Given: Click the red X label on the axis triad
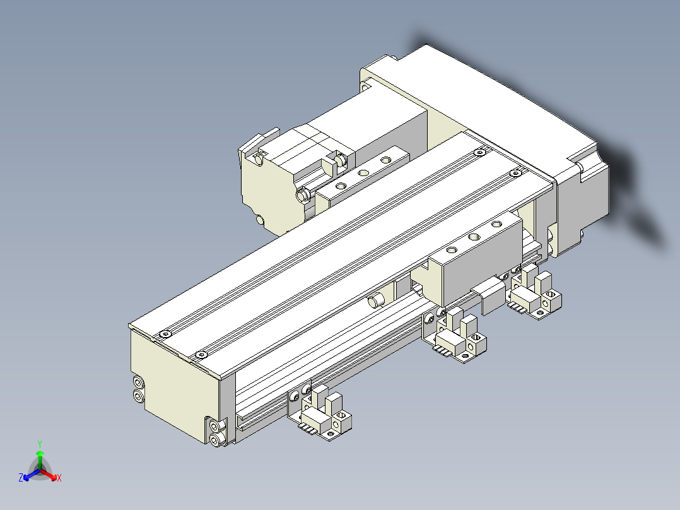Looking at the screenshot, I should (59, 478).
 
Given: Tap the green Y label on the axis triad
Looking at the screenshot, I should (39, 444).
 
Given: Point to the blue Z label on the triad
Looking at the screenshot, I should (21, 478).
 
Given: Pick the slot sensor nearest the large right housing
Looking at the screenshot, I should (536, 294).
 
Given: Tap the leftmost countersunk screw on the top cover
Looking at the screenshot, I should (165, 333).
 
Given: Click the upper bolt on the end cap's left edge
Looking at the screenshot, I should (138, 382).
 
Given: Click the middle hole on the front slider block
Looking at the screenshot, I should (473, 237).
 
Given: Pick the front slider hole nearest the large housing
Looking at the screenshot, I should (495, 225).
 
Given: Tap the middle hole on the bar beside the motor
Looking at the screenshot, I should (363, 172).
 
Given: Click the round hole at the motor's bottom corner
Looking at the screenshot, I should (261, 220).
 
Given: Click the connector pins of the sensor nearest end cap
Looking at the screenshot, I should (307, 429).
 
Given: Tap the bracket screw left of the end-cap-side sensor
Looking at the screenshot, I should (294, 396).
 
